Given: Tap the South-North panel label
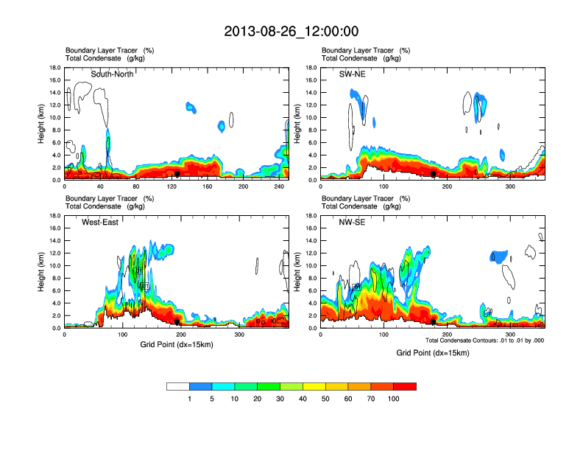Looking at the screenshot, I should coord(112,74).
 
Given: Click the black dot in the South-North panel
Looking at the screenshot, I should coord(177,174).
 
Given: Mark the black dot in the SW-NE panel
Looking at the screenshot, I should coord(434,174).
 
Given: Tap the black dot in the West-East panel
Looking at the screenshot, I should coord(177,322).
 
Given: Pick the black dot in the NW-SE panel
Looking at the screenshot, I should coord(434,322).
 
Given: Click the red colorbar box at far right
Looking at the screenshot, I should coord(405,386).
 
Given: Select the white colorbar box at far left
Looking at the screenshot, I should coord(178,386).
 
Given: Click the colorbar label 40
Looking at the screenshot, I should coord(303,399).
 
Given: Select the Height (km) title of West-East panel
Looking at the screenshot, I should coord(41,272).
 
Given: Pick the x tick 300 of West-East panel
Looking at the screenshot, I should coord(239,335).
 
